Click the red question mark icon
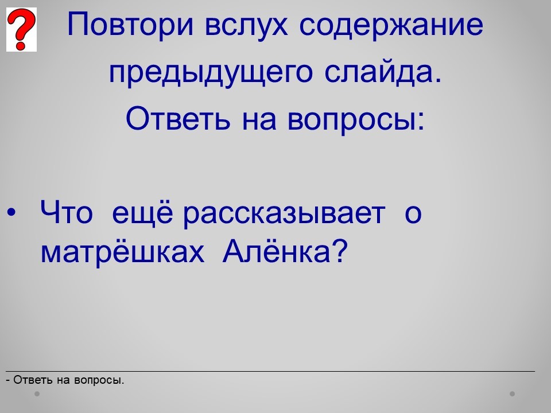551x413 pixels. [x=21, y=29]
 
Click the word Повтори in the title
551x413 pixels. [x=130, y=25]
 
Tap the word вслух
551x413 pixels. [x=246, y=25]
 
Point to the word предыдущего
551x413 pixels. [x=211, y=73]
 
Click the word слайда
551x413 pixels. [x=382, y=72]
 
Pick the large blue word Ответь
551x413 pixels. [x=178, y=118]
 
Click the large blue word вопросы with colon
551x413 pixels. [x=356, y=120]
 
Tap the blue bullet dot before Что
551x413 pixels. [x=11, y=213]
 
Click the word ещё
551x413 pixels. [x=142, y=212]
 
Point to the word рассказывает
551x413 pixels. [x=284, y=215]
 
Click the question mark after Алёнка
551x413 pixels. [x=339, y=251]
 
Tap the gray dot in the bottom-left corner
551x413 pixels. [x=37, y=394]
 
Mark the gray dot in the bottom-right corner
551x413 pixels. [x=513, y=394]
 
